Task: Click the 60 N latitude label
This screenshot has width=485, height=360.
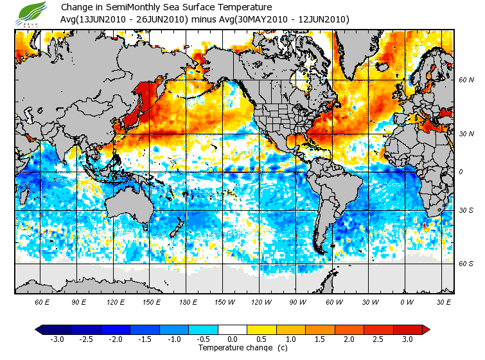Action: [x=466, y=80]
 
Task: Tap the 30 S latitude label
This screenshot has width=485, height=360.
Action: [x=466, y=211]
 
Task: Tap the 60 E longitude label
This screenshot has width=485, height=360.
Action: [x=42, y=301]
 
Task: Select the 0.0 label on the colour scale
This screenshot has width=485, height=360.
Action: [x=233, y=339]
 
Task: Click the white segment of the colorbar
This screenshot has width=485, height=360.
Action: [x=233, y=330]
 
